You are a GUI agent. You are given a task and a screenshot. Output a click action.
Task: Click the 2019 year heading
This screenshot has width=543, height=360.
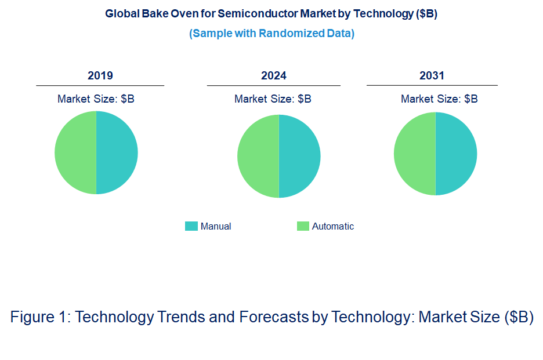point(100,75)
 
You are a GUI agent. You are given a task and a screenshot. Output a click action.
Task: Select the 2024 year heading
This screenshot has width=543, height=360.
point(274,75)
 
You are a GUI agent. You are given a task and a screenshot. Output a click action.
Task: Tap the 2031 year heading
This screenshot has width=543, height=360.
point(432,75)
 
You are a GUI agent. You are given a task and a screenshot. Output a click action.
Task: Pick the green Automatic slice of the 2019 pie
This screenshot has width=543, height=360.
point(75,152)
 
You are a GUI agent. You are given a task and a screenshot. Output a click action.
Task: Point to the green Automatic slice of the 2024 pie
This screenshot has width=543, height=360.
point(258,156)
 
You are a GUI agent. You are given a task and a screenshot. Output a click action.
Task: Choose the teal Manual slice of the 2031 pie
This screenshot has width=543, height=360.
point(456,154)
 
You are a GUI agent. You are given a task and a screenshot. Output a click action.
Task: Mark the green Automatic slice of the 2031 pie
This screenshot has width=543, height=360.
point(415,154)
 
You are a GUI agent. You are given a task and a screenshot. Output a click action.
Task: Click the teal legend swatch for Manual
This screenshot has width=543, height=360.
point(191,226)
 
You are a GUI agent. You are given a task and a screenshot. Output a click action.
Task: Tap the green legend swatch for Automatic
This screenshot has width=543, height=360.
point(303,226)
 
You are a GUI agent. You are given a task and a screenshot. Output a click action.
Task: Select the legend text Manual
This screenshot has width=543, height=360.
point(216,226)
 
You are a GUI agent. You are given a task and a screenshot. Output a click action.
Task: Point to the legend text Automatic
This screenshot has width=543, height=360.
point(333,226)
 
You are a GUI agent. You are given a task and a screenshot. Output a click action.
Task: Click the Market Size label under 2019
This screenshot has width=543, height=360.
point(96,99)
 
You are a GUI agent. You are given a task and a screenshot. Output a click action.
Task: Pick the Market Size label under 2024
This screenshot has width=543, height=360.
point(273,99)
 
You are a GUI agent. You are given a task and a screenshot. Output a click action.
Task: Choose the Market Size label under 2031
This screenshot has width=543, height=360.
point(439,99)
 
